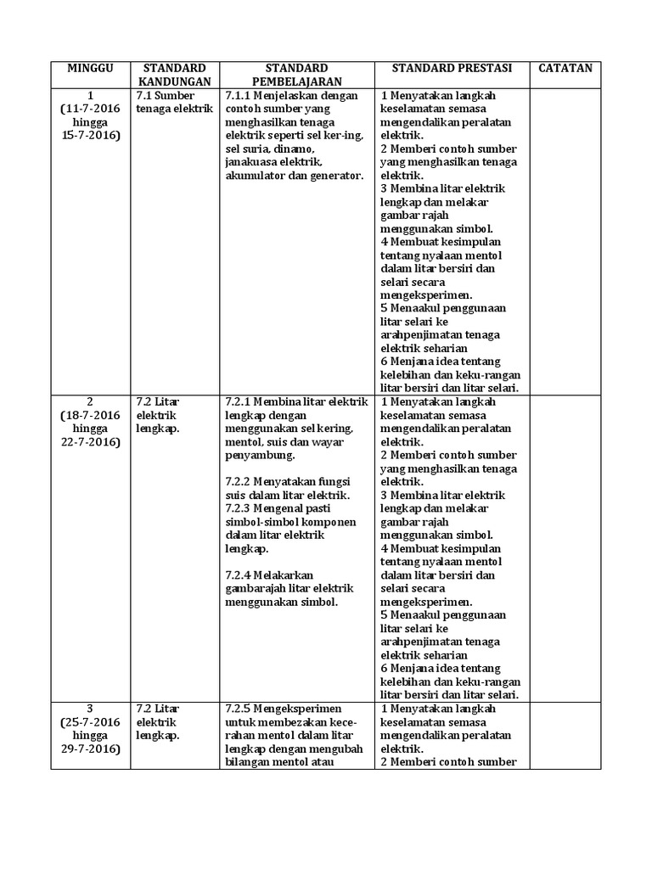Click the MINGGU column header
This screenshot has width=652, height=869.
tap(91, 68)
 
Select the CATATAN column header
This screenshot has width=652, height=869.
tap(565, 68)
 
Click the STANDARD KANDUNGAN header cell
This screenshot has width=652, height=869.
tap(174, 74)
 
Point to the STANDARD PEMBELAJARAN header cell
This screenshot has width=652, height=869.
tap(296, 74)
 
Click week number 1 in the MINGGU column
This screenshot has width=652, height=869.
tap(91, 95)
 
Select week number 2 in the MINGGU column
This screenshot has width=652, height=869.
tap(91, 401)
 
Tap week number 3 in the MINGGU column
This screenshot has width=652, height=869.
tap(91, 708)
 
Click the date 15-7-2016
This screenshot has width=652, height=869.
tap(91, 136)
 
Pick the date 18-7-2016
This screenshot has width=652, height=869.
tap(94, 415)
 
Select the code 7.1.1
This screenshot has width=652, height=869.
tap(242, 95)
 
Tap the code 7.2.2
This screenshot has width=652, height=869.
tap(242, 481)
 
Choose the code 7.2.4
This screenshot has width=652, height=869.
tap(242, 575)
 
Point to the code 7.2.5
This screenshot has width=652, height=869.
tap(242, 708)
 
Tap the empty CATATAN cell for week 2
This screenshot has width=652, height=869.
tap(565, 547)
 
